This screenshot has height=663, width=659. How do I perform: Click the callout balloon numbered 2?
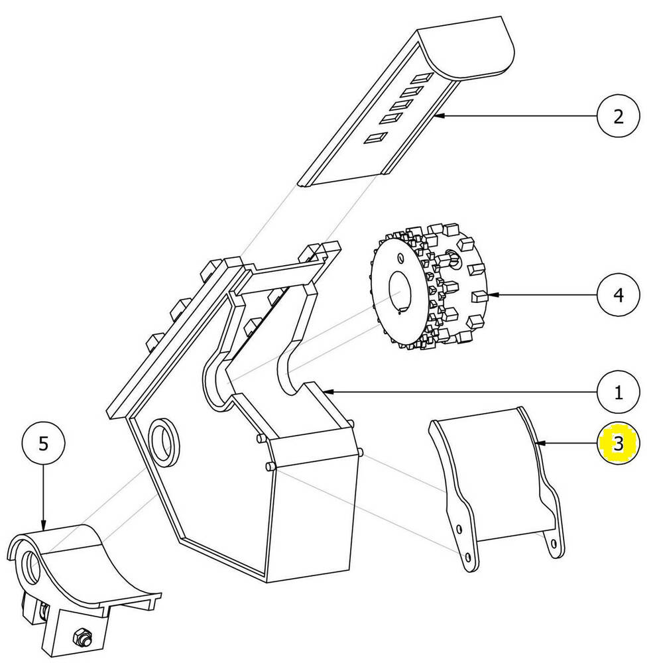tap(618, 117)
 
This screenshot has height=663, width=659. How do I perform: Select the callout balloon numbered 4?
tap(618, 294)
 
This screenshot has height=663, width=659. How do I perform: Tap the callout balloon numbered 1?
tap(618, 392)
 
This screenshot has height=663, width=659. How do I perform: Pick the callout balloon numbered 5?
tap(43, 444)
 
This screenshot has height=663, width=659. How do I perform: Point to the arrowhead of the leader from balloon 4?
tap(490, 294)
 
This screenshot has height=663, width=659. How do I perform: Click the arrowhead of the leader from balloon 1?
tap(325, 392)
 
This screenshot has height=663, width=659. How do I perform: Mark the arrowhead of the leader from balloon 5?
tap(43, 528)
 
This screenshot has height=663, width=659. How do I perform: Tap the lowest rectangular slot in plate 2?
tap(376, 139)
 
